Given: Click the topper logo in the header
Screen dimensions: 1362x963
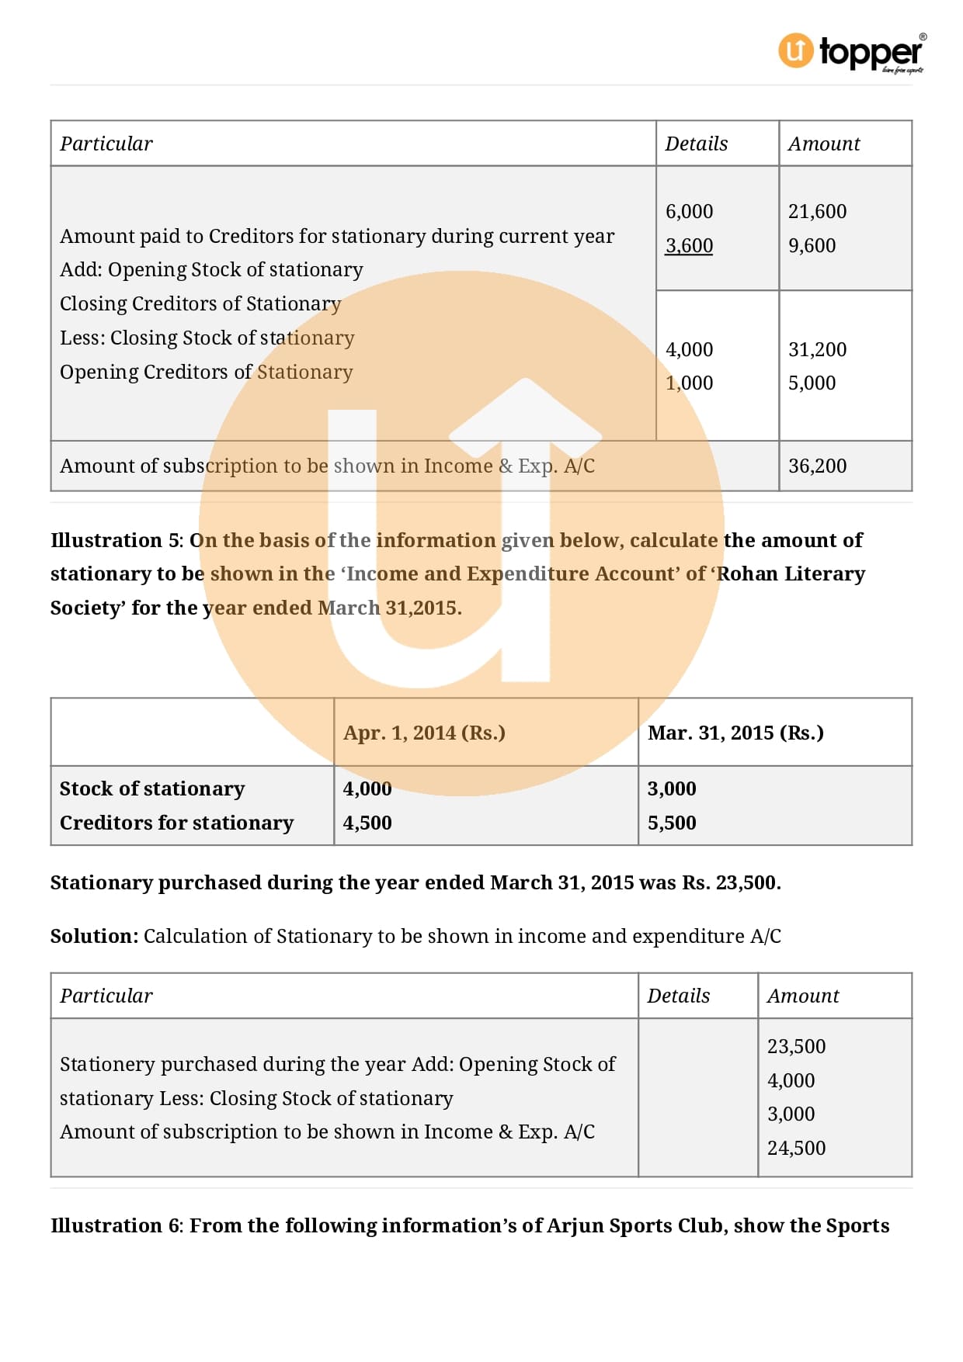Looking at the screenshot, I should pos(852,52).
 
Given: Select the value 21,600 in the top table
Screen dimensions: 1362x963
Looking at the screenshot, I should pos(817,211).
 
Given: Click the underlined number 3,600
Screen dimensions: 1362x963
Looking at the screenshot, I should pos(689,245).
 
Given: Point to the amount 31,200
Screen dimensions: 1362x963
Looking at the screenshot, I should pos(817,349).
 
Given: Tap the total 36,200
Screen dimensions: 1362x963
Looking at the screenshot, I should pos(817,466).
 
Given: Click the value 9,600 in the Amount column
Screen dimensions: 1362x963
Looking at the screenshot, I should pos(812,245).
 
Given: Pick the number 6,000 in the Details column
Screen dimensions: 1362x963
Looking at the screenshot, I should pos(689,211).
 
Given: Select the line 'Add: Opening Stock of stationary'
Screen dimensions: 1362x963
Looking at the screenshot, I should pos(211,269).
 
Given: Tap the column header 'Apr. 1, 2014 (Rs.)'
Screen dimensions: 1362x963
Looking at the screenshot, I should pos(424,733).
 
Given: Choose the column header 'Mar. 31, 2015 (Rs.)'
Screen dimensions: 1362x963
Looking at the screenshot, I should pos(735,733).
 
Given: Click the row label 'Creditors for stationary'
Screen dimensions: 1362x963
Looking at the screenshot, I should pos(176,823).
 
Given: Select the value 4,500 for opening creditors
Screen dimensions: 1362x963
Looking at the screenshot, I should pos(367,823).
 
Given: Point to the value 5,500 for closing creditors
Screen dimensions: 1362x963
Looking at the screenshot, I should pos(672,823).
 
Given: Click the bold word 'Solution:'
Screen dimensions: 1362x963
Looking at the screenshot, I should pos(94,936).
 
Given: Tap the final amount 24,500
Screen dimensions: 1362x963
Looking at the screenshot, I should pos(796,1148).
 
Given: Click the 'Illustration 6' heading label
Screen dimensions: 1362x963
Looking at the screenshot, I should pos(116,1225).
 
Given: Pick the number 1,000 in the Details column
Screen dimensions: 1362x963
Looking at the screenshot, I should pos(689,383).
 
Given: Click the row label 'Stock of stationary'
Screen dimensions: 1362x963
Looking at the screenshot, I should pos(152,788).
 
